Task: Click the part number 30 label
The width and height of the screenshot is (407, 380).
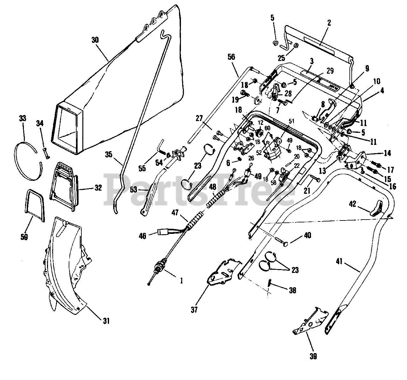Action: coord(95,40)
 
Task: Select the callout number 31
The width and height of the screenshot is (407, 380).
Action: coord(106,321)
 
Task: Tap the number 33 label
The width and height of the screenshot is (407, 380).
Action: coord(22,119)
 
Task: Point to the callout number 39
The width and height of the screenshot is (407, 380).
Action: coord(313,356)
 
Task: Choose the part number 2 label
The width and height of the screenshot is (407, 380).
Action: coord(329,23)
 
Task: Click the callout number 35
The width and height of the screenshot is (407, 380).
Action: coord(109,155)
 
